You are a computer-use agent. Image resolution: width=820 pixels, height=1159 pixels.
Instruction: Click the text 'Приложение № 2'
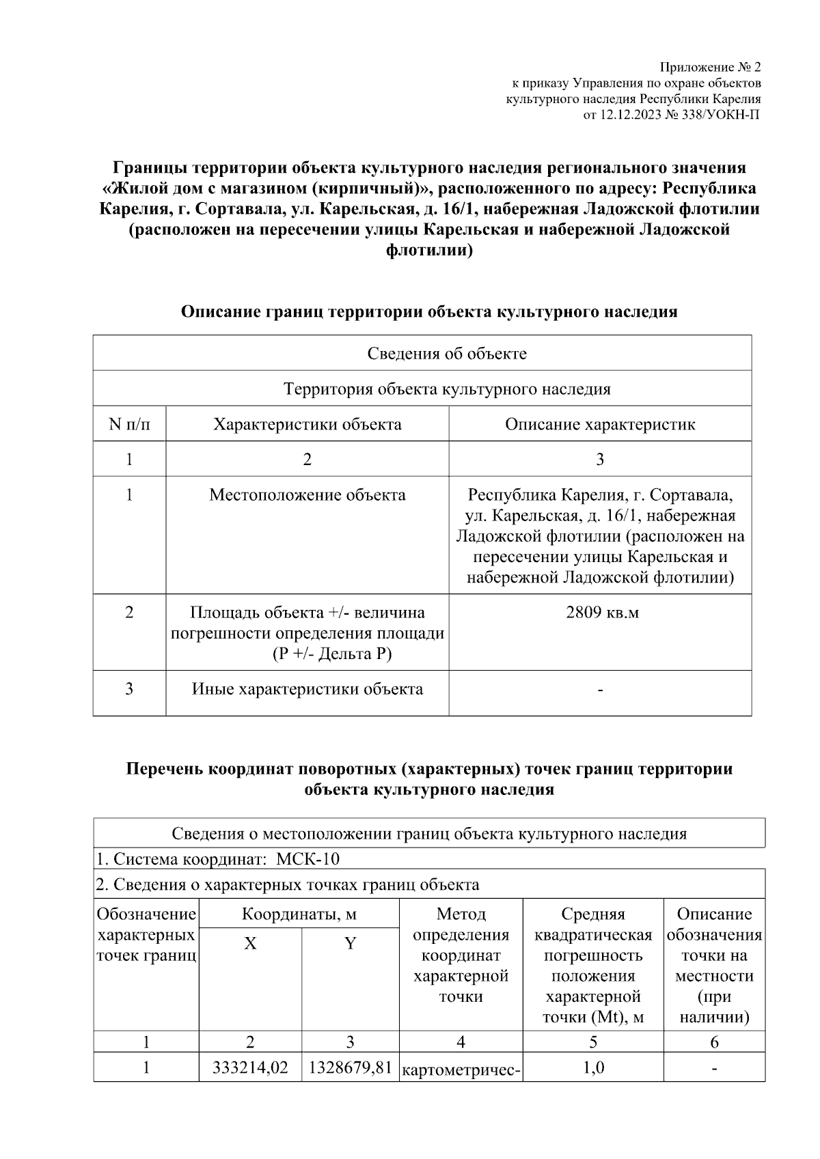(709, 67)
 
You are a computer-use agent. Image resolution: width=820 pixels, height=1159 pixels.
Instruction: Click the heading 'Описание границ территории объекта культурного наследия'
(428, 312)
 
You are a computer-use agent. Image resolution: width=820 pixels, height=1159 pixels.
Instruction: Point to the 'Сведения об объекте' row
(447, 353)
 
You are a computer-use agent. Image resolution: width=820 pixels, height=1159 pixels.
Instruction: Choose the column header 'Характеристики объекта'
(307, 424)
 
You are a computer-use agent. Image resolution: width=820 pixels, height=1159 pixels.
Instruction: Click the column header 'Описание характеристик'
(600, 424)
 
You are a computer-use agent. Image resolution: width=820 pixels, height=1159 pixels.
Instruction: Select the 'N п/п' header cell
(129, 424)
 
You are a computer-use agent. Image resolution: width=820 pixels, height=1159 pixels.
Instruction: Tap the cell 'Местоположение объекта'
(307, 494)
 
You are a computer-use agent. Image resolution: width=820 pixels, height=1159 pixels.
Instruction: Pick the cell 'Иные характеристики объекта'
(307, 688)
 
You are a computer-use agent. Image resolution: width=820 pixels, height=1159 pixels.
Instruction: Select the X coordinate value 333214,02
(250, 1067)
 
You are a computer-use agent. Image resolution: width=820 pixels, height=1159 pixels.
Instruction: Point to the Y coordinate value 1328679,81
(350, 1067)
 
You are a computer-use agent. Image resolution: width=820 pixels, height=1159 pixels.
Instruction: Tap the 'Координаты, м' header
(299, 914)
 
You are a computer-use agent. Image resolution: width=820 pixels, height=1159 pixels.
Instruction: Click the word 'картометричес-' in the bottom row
(462, 1069)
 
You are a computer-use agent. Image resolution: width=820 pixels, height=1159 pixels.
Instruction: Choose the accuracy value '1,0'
(593, 1067)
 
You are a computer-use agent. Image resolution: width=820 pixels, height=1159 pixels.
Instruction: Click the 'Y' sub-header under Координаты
(350, 943)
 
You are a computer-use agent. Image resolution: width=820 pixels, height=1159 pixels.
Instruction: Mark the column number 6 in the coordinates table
(714, 1042)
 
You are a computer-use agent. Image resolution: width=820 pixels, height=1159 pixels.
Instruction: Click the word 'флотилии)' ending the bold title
(429, 251)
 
